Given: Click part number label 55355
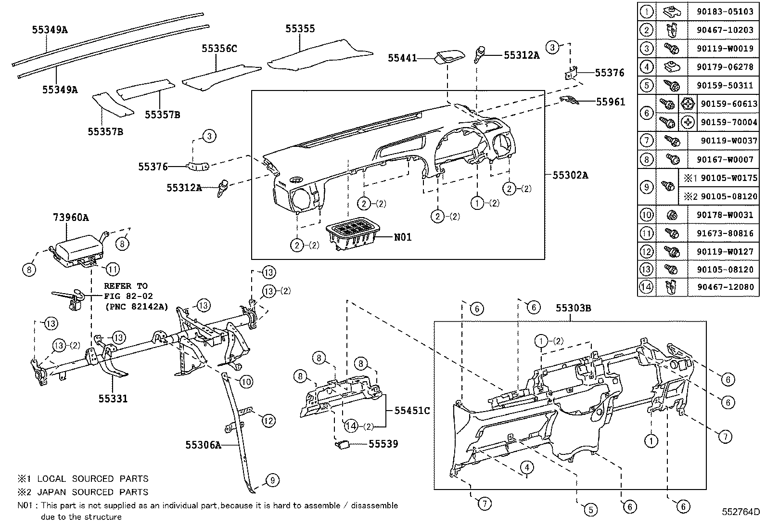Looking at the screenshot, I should pos(300,29).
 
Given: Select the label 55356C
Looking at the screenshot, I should pos(219,49).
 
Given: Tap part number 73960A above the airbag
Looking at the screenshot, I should pos(71,218).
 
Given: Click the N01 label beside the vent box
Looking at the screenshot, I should pos(403,237).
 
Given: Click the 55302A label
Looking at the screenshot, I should pos(570,175).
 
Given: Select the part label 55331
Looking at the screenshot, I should pos(113,399).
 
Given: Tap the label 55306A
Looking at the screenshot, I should pos(203,445).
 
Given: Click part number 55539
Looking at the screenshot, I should pos(383,444).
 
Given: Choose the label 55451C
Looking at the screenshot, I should pos(412,411).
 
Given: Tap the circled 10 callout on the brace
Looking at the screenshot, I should pos(246,382).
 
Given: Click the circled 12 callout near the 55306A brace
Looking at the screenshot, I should pos(268,420).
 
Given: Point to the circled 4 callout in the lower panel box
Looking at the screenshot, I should pos(527,467).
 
